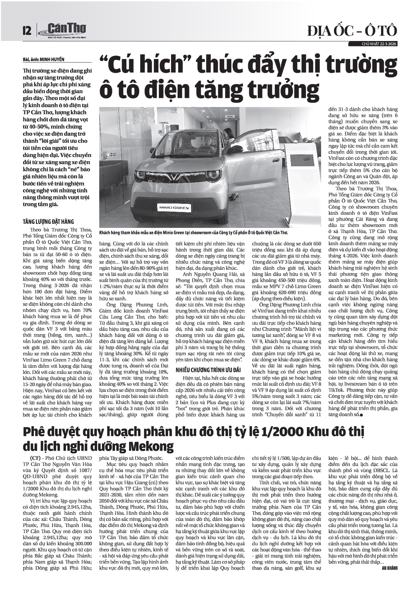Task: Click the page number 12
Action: pyautogui.click(x=27, y=31)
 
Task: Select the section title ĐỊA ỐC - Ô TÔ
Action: pyautogui.click(x=352, y=31)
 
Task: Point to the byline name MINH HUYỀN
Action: pyautogui.click(x=52, y=60)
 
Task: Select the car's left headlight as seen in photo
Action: pyautogui.click(x=140, y=175)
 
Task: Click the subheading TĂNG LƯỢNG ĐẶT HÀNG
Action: pyautogui.click(x=48, y=222)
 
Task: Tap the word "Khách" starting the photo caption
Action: pyautogui.click(x=106, y=233)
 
